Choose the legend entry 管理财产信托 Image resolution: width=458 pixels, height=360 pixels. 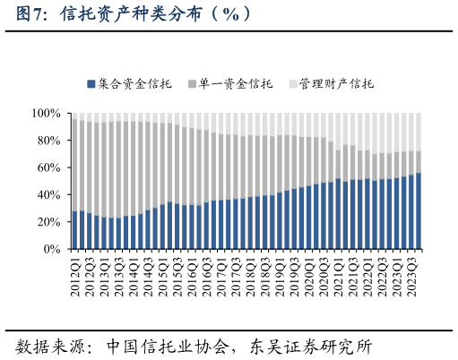pos(336,84)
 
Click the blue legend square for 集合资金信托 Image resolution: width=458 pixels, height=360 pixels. pos(91,84)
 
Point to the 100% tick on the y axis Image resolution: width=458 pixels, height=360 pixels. pos(46,114)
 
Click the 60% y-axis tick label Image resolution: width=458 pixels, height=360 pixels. pos(48,167)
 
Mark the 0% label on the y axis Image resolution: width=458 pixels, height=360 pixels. pos(52,249)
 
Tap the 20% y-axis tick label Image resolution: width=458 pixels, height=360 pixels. pos(48,222)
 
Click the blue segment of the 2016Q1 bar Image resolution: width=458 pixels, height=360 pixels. pos(193,227)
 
